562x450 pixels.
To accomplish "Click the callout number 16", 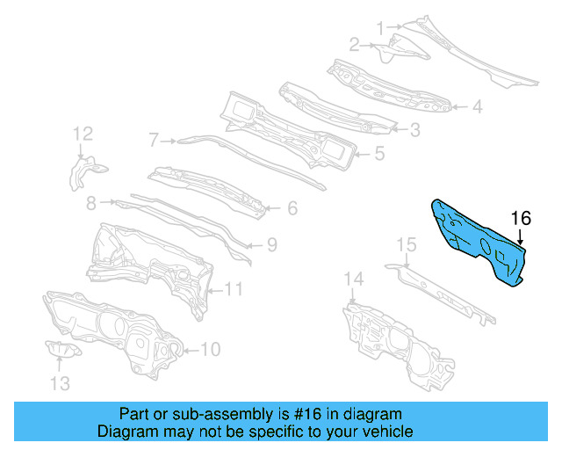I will point(521,219).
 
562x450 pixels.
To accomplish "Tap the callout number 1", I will point(381,28).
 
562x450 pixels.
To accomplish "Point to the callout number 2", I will point(356,44).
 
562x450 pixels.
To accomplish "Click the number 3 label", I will point(414,130).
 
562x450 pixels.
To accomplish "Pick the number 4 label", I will point(477,107).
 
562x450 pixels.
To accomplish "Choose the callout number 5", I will point(379,153).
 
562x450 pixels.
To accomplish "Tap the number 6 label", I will point(292,208).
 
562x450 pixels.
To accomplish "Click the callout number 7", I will point(154,139).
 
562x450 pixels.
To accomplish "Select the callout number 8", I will point(91,204).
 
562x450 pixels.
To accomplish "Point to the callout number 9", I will point(272,243).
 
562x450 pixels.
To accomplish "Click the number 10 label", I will point(210,350).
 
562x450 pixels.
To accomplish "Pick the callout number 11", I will point(233,287).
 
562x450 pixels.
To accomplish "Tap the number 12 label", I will point(83,134).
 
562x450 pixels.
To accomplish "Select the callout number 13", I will point(58,382).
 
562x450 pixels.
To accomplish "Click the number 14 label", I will point(353,279).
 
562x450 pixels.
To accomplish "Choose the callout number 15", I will point(406,243).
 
